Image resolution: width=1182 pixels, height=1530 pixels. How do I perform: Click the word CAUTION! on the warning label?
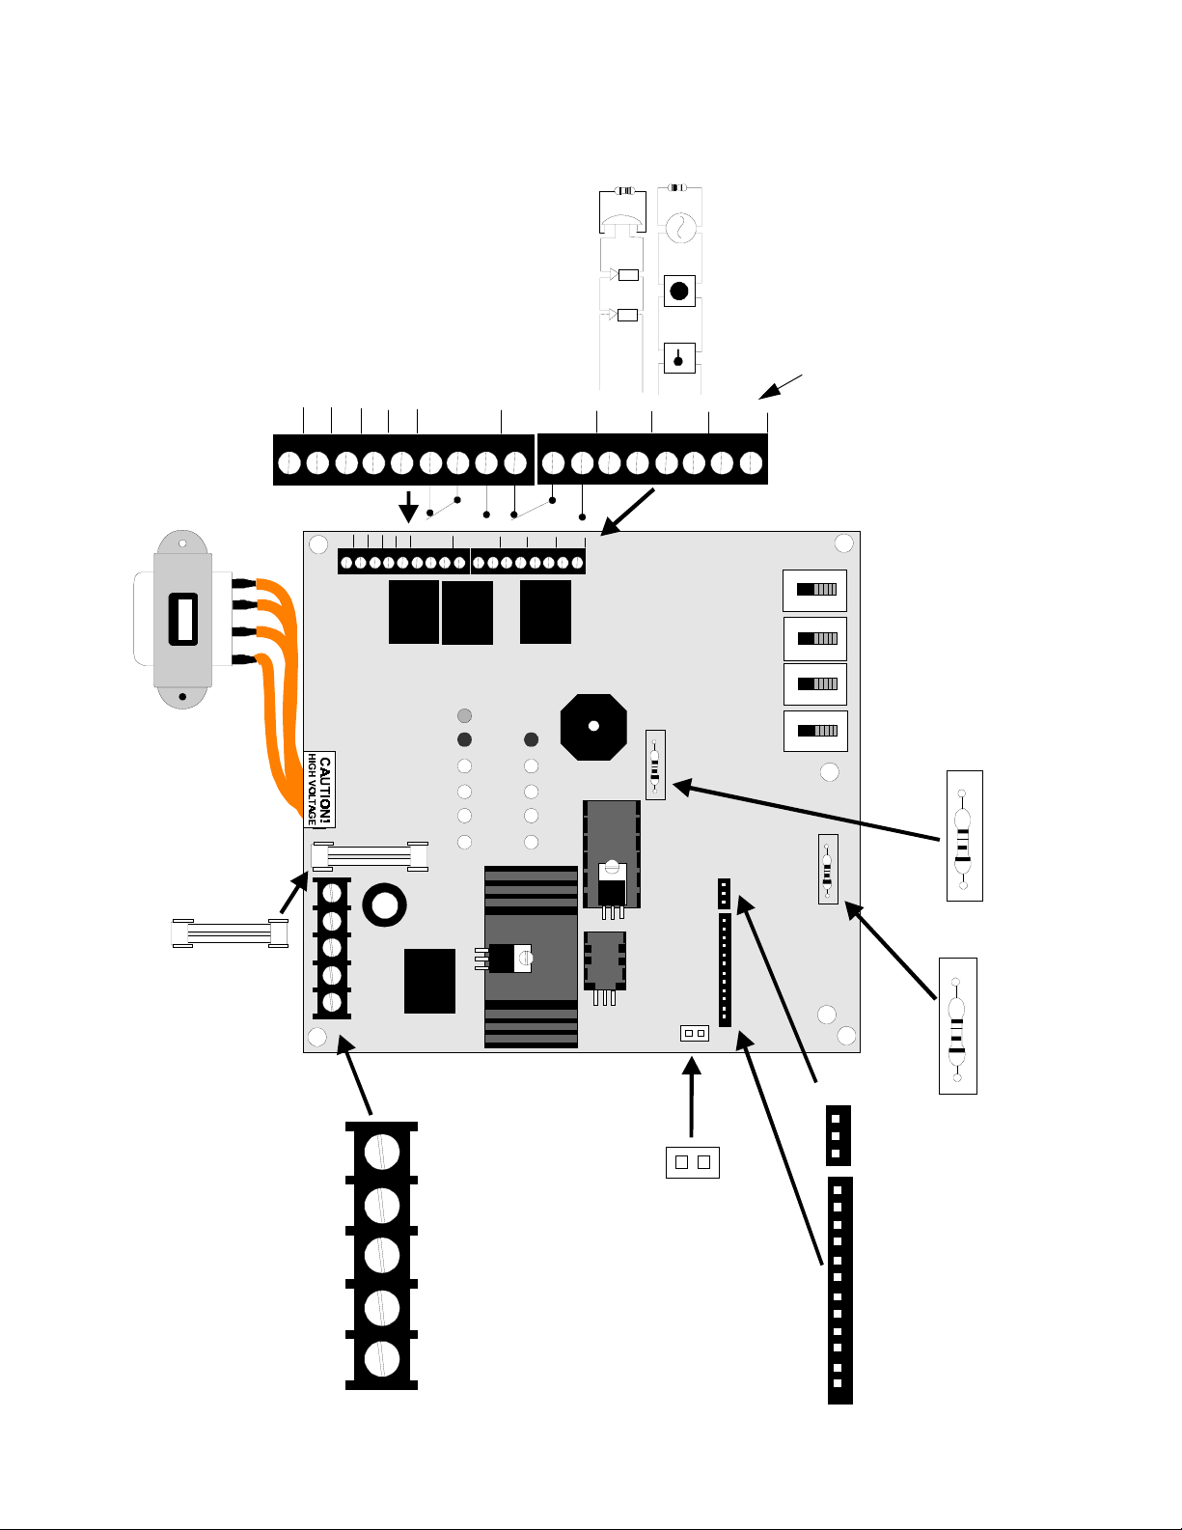(324, 790)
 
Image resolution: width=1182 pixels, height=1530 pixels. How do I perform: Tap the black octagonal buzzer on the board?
(593, 727)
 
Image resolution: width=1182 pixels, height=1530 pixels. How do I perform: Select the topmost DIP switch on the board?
(814, 590)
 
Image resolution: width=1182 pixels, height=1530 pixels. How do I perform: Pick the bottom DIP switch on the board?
(815, 731)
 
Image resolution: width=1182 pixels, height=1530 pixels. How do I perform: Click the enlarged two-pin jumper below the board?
(693, 1162)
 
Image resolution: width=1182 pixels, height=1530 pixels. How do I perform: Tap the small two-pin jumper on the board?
(695, 1033)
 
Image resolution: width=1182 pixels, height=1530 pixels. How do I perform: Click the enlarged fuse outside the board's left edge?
(230, 933)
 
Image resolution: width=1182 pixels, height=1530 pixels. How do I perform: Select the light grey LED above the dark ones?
(464, 715)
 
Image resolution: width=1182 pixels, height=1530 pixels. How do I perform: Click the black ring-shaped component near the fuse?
(384, 905)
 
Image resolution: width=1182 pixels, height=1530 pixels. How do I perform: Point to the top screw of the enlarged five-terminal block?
(382, 1153)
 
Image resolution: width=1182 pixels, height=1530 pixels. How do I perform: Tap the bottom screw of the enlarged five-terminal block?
(382, 1358)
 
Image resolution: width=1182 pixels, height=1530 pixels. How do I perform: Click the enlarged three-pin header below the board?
(838, 1136)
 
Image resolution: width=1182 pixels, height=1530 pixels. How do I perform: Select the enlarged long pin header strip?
(840, 1291)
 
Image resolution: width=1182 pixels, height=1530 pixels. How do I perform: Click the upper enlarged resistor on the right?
(965, 836)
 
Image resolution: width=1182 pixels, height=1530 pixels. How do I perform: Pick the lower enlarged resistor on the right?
(957, 1026)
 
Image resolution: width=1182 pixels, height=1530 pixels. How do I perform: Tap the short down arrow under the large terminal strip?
(408, 507)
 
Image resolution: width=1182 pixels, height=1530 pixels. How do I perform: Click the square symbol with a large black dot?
(679, 291)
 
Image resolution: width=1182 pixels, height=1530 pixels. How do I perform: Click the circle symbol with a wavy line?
(681, 228)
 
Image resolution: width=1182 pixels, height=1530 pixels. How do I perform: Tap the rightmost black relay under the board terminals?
(545, 612)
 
